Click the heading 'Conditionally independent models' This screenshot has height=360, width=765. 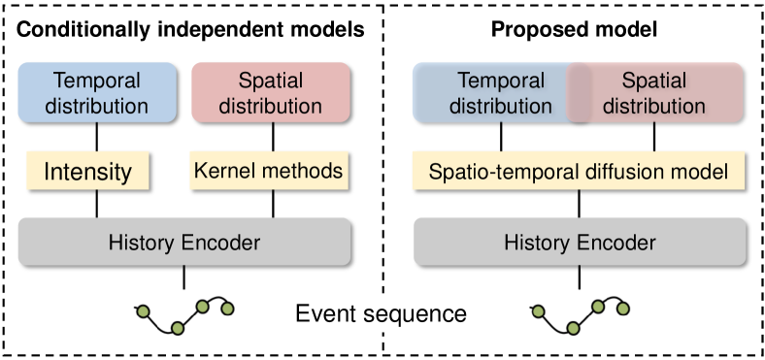coord(190,30)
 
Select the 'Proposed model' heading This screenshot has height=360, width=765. coord(575,30)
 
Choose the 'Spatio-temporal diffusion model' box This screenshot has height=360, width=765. coord(580,173)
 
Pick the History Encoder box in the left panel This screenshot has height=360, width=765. coord(184,242)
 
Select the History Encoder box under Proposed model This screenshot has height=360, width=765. coord(580,242)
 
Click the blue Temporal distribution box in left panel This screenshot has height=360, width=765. coord(96,93)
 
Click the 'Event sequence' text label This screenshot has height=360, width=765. coord(381,314)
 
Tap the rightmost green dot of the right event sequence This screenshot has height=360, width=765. coord(623,310)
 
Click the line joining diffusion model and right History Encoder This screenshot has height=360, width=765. coord(580,204)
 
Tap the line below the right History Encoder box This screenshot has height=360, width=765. coord(580,278)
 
